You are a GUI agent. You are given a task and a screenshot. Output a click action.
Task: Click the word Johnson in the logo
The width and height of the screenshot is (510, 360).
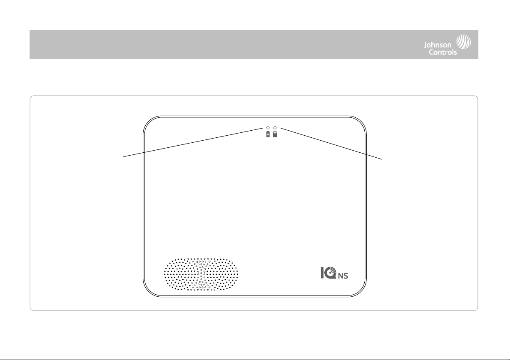[438, 45]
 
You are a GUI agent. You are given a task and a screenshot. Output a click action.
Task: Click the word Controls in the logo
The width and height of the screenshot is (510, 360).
[443, 52]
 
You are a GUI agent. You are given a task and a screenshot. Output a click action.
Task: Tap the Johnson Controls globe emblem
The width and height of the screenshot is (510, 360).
[463, 42]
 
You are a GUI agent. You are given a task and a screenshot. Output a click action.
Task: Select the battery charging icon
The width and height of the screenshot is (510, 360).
[268, 134]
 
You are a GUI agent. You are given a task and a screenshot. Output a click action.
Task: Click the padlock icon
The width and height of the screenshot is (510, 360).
[275, 134]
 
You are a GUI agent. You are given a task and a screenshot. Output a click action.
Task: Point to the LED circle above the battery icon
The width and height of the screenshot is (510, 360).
[268, 128]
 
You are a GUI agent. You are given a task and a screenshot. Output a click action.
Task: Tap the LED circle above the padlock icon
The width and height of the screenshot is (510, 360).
[275, 128]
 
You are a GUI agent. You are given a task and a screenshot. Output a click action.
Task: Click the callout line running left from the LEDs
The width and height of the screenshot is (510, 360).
[193, 142]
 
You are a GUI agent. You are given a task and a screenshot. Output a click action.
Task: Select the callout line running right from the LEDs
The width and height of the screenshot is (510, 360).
[331, 144]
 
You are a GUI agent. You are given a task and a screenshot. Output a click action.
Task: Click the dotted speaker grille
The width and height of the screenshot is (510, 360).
[201, 274]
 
